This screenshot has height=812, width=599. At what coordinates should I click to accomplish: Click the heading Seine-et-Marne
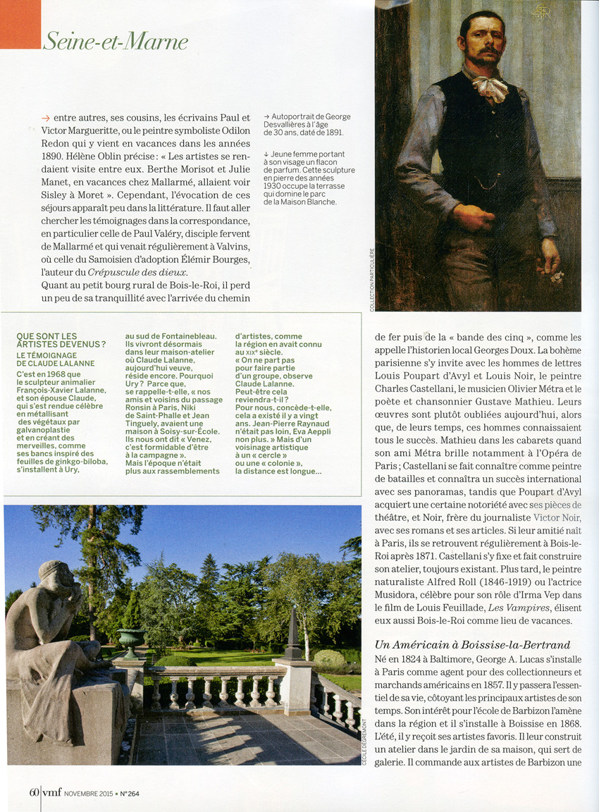pyautogui.click(x=115, y=42)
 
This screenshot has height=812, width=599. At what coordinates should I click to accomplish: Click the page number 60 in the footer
pyautogui.click(x=33, y=792)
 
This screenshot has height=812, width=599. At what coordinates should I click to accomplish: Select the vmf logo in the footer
pyautogui.click(x=51, y=792)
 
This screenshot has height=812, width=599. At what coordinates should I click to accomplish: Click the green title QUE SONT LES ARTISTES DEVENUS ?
pyautogui.click(x=61, y=340)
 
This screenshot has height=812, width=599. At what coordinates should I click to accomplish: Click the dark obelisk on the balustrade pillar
pyautogui.click(x=292, y=634)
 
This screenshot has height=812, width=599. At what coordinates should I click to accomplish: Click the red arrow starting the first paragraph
pyautogui.click(x=46, y=118)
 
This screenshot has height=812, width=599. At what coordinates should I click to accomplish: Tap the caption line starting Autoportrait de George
pyautogui.click(x=307, y=117)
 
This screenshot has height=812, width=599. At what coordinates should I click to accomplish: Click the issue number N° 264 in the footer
pyautogui.click(x=128, y=793)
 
